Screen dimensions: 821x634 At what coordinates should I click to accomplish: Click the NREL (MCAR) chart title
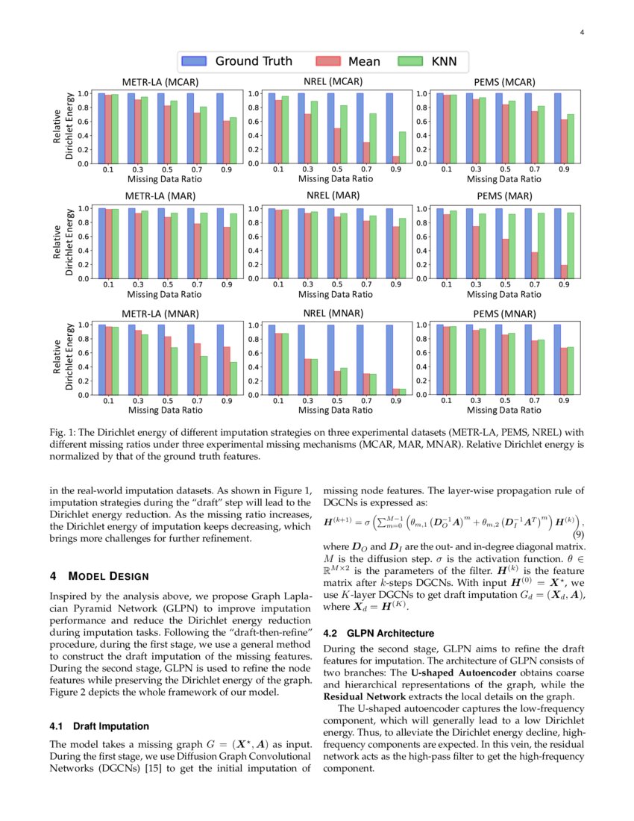[x=333, y=81]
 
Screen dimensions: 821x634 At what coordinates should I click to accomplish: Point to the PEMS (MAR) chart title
[x=503, y=196]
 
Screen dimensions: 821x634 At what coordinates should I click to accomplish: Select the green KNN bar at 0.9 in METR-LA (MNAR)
[x=233, y=378]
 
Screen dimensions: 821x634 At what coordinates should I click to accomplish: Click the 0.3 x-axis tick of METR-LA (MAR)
[x=138, y=284]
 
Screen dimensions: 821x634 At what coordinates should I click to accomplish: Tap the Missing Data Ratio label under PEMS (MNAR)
[x=504, y=410]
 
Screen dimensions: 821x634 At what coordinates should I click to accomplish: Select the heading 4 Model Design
[x=99, y=576]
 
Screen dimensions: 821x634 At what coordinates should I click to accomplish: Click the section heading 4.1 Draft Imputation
[x=99, y=726]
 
